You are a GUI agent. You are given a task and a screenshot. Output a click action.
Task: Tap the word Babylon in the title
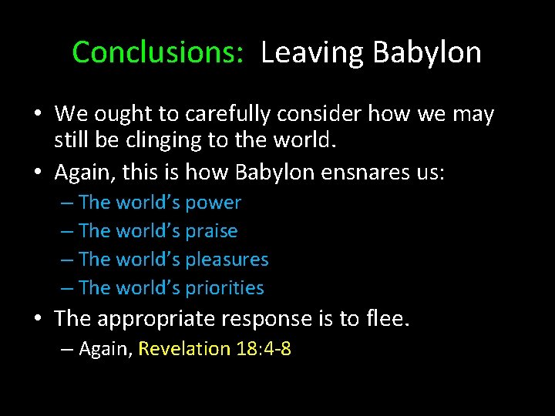[427, 52]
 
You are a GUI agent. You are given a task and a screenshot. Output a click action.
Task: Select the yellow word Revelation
[184, 349]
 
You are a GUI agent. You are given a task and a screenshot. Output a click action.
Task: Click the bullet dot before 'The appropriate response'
[39, 318]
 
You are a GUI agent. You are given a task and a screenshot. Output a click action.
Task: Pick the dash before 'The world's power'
[66, 203]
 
